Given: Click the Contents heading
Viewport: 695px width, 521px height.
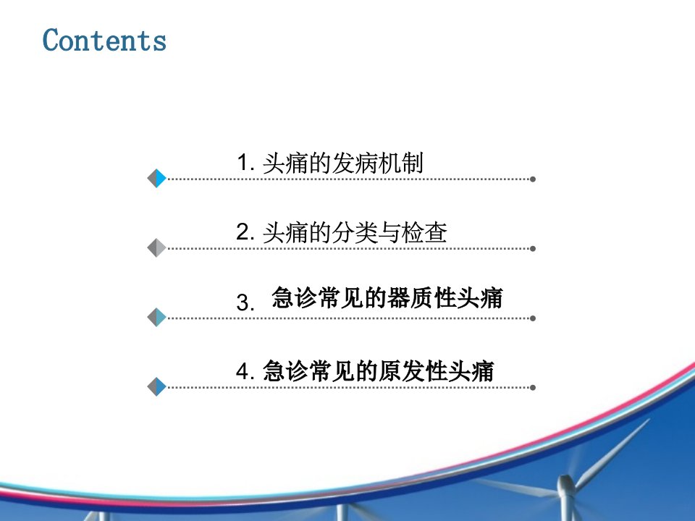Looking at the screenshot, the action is tap(104, 40).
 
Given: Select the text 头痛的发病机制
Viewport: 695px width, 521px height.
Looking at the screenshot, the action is tap(343, 163).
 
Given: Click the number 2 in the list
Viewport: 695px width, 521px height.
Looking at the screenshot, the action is tap(245, 232).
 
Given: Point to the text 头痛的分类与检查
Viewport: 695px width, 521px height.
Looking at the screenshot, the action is tap(355, 232).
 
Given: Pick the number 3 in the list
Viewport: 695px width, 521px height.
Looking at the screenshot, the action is tap(245, 302).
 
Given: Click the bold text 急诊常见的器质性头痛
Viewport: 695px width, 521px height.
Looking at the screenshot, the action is tap(387, 297).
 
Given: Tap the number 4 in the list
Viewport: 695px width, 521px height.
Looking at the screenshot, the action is tap(245, 370).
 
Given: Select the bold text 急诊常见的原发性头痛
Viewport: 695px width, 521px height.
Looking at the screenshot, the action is tap(378, 370).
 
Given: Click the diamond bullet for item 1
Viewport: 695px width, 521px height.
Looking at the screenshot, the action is tap(156, 179).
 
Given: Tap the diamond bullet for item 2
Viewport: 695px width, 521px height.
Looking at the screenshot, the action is tap(156, 247).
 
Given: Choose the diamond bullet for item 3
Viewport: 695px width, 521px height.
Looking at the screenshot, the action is tap(156, 317).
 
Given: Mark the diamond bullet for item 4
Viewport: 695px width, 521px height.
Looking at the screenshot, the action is tap(156, 386).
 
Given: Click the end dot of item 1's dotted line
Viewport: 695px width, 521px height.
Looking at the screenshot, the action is tap(533, 179).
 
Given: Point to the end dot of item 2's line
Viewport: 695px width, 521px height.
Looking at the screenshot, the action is tap(533, 248).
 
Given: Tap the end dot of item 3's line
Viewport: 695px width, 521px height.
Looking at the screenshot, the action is tap(533, 318).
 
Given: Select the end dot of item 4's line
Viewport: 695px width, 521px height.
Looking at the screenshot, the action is tap(533, 388).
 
